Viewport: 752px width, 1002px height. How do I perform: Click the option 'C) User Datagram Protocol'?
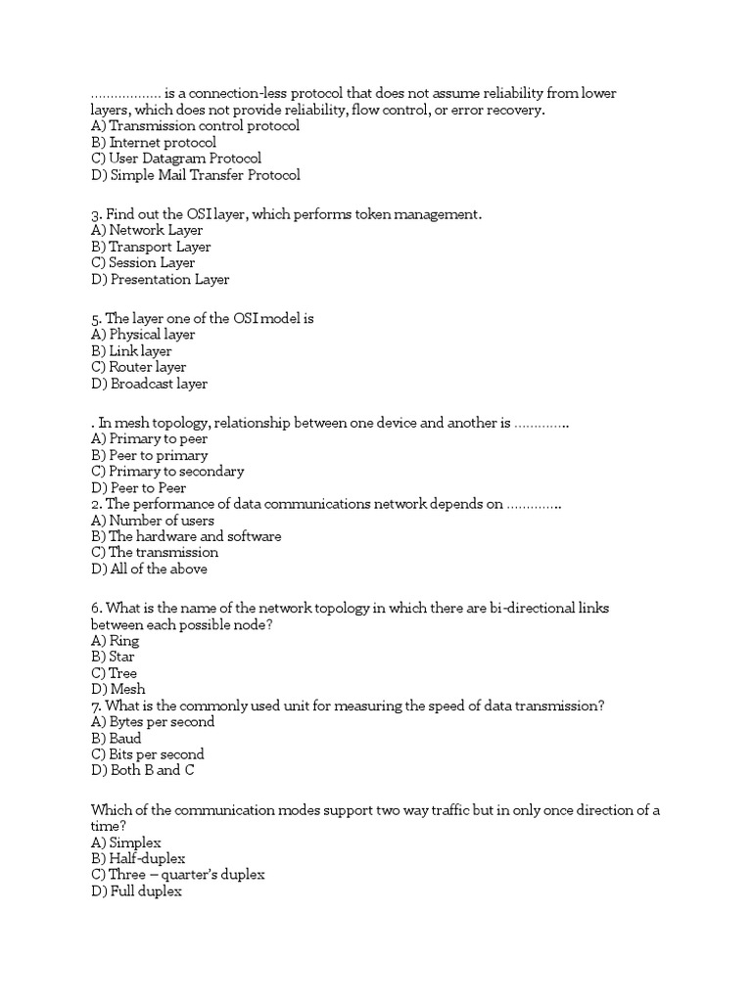pos(176,159)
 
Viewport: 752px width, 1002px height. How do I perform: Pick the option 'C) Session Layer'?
pos(143,263)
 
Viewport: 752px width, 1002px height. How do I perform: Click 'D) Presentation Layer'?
pos(160,280)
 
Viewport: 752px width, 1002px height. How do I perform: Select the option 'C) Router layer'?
pos(138,368)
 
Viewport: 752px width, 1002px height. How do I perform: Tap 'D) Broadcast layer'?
pos(149,385)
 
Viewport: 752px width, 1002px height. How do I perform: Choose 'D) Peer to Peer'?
pos(138,488)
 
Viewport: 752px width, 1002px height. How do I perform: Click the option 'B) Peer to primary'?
pos(149,456)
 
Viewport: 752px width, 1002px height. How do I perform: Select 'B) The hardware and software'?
pos(186,537)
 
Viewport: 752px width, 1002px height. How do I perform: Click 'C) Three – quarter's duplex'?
pos(177,875)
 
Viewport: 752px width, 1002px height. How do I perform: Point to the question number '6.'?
pos(97,609)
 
